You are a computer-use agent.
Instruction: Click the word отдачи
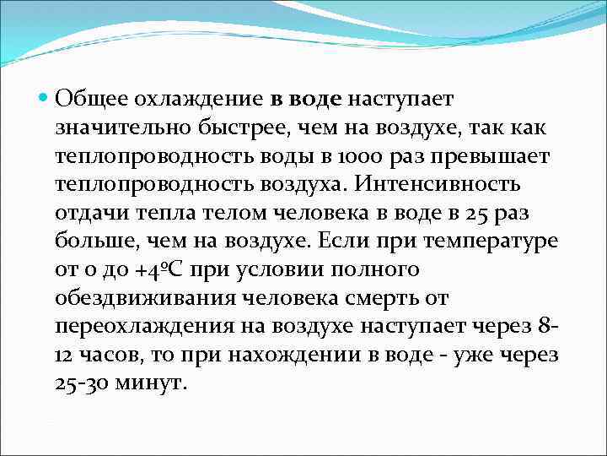(x=90, y=213)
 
